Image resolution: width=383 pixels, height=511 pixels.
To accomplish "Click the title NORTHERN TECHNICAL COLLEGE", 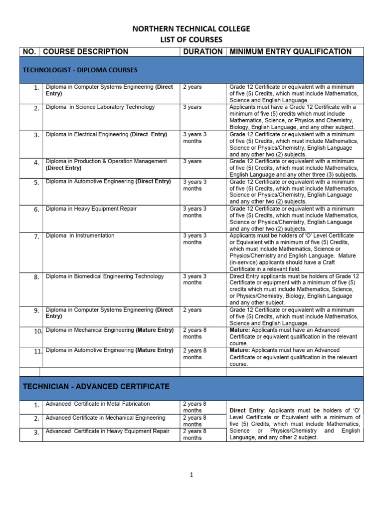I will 191,29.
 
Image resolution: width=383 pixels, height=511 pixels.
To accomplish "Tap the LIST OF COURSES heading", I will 191,40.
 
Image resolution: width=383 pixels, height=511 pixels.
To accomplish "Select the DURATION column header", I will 202,51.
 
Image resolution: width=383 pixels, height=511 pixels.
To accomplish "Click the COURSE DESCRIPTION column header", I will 85,51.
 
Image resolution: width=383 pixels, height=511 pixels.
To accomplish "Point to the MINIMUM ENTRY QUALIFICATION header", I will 290,51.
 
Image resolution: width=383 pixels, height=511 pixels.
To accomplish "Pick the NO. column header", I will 29,51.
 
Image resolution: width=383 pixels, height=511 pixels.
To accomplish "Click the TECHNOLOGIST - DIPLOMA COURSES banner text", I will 80,70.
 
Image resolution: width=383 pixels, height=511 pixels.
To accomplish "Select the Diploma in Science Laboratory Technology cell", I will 100,107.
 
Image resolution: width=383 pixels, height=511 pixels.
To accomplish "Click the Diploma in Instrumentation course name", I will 80,236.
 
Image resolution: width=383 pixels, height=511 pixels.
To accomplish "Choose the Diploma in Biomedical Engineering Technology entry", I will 105,276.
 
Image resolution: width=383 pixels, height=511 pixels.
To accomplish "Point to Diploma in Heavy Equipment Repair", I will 91,209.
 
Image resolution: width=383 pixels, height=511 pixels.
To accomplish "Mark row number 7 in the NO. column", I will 36,237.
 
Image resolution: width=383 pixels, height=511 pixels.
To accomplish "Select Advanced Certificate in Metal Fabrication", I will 98,404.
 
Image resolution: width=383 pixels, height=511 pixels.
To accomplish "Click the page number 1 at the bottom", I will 191,475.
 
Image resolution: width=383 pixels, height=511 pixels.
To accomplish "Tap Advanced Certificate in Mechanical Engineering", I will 105,418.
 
